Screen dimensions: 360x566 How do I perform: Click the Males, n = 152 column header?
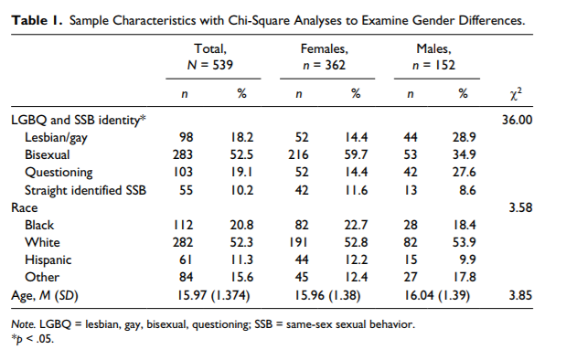point(435,56)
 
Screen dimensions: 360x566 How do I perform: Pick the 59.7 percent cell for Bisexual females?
point(356,154)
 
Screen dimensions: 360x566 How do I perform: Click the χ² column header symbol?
point(516,93)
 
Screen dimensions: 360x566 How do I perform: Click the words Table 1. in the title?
point(36,19)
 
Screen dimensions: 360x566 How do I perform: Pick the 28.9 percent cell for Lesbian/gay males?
point(463,136)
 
